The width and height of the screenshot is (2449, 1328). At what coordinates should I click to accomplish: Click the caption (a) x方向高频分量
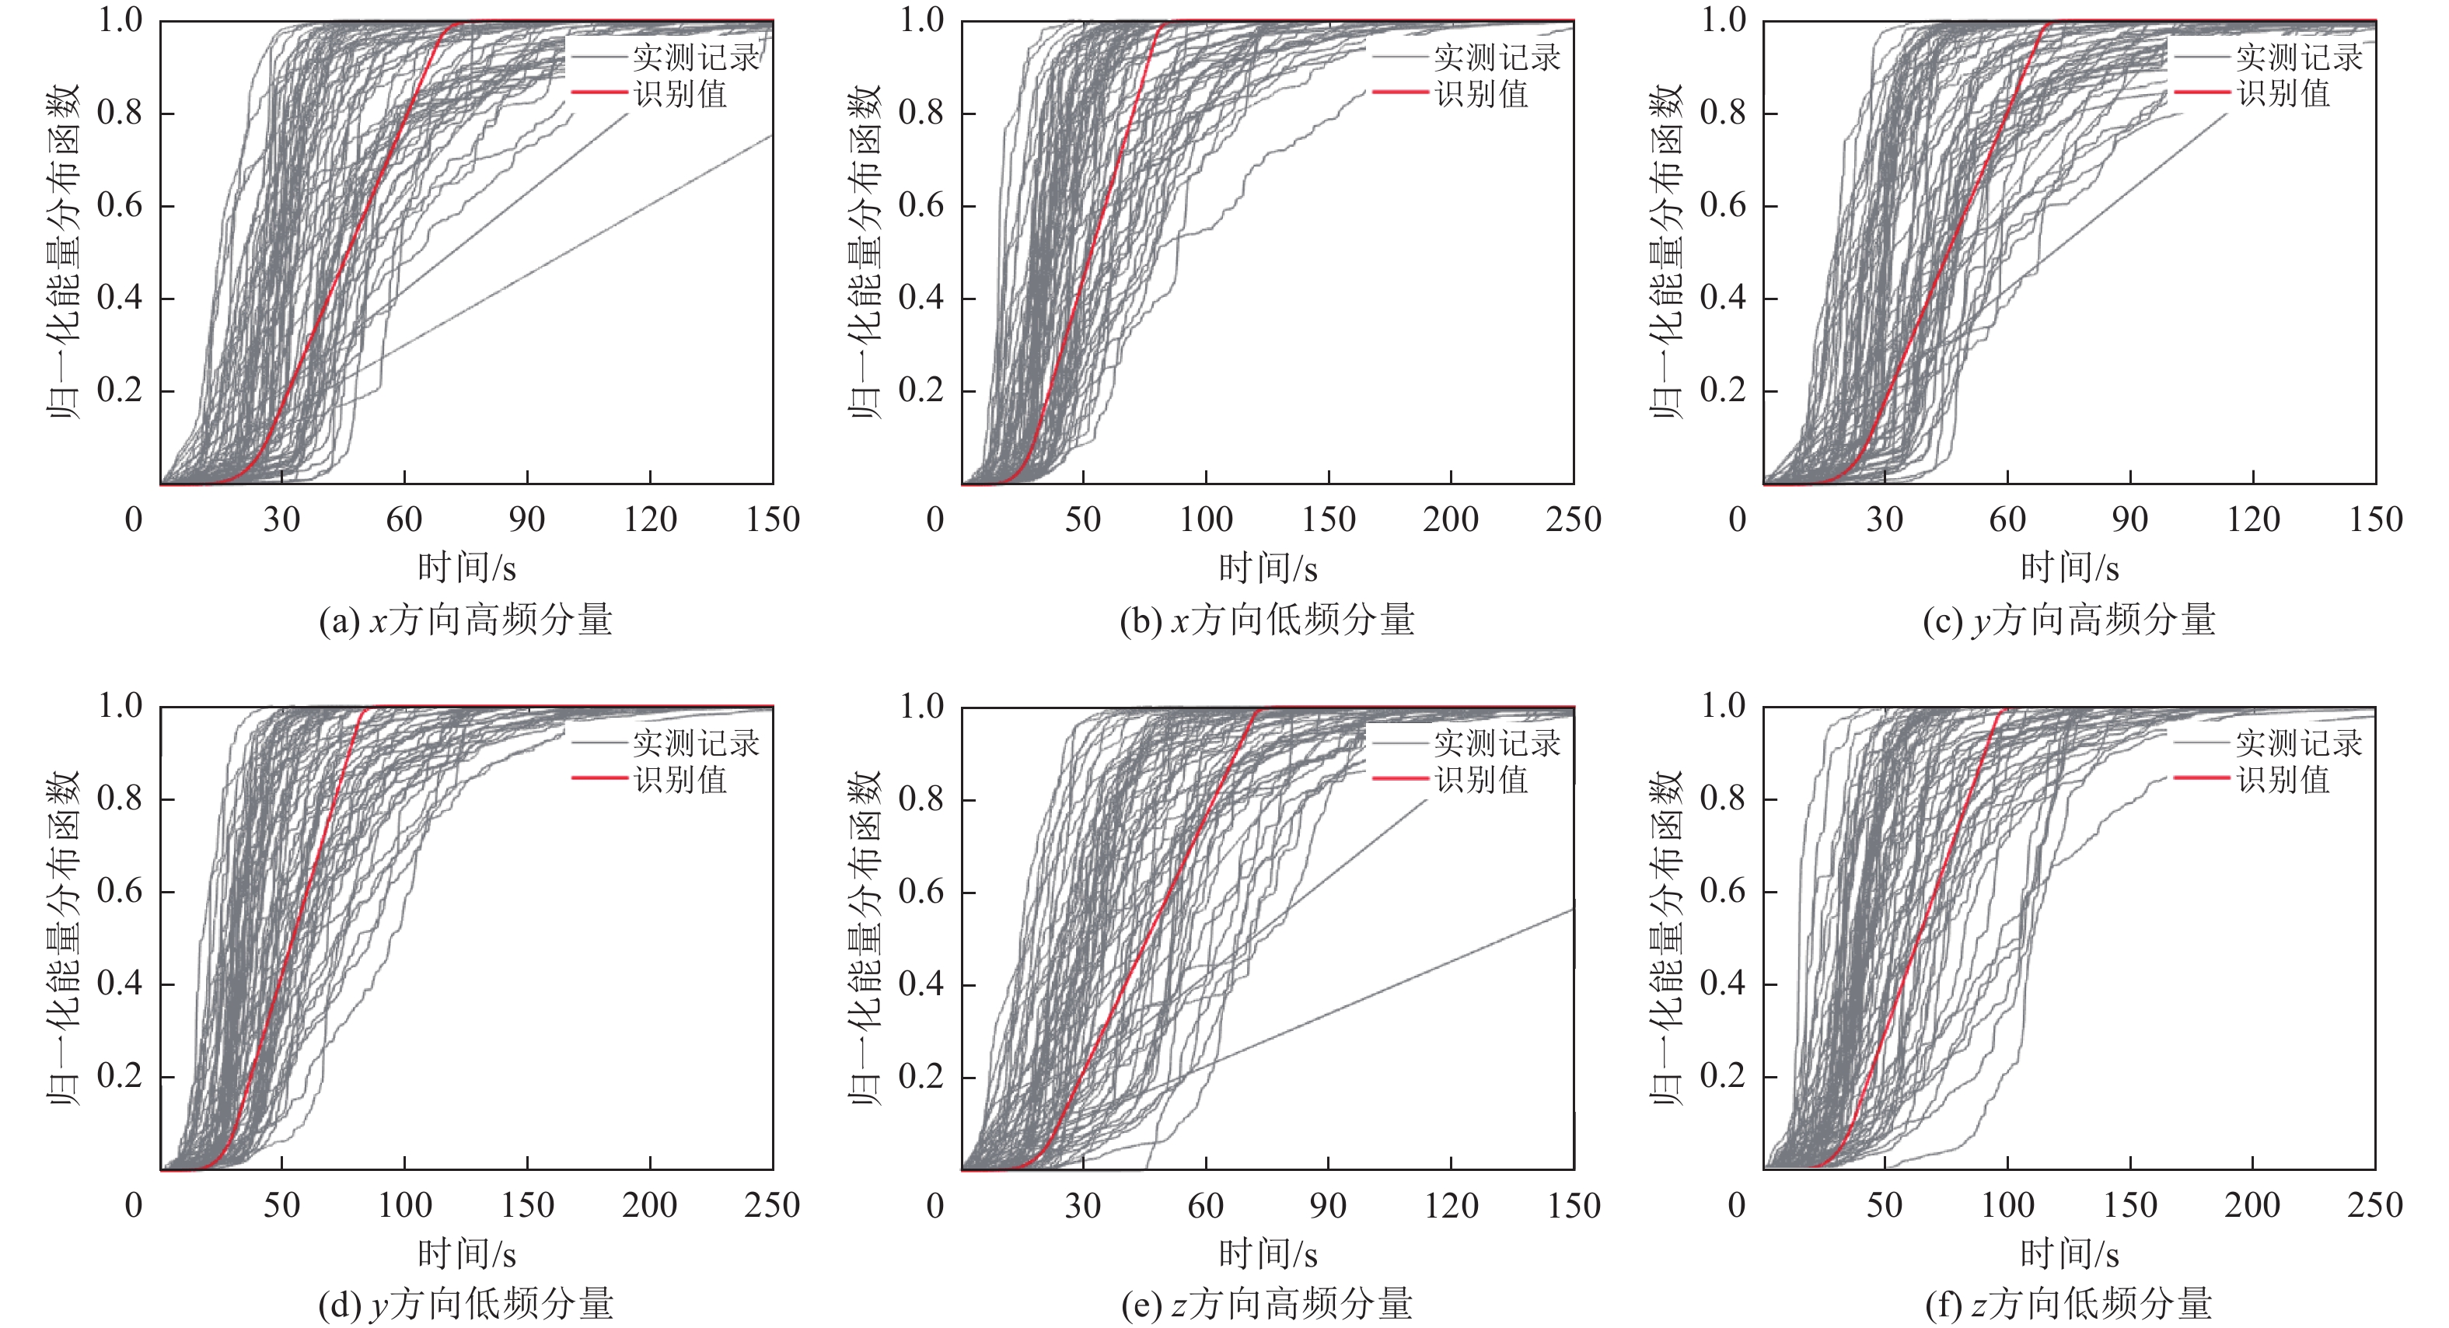466,620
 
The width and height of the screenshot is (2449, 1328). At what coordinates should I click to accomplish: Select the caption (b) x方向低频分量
1267,620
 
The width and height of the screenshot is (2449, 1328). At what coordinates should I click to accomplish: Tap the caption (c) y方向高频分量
2069,620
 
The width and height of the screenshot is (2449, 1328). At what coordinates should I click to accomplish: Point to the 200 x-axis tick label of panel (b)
1451,520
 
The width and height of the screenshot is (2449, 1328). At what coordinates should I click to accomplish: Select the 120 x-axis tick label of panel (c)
2253,520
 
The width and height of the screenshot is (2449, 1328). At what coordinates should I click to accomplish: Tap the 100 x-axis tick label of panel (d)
405,1205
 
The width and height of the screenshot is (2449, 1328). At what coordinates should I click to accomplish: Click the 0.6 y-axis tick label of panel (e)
921,892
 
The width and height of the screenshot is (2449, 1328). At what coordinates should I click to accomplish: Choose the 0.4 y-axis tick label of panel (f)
1723,984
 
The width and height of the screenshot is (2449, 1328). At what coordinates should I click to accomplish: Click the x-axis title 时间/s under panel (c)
2069,568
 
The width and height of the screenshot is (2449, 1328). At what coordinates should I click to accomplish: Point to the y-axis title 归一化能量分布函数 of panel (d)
65,938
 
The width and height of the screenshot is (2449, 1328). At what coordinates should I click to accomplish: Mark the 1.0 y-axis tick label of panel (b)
921,20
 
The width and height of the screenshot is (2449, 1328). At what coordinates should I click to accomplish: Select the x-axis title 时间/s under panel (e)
1267,1254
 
